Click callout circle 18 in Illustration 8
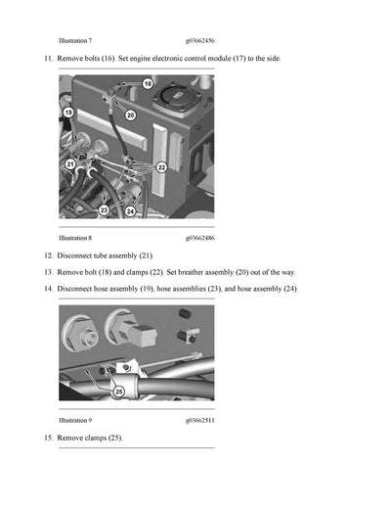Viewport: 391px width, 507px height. click(148, 84)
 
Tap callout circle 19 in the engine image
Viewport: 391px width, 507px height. click(68, 113)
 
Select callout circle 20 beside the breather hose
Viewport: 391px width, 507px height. click(131, 115)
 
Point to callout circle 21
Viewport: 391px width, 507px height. click(70, 164)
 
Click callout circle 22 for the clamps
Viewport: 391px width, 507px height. click(161, 167)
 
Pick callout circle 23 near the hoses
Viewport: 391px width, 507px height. click(104, 209)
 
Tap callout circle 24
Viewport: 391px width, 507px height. click(130, 209)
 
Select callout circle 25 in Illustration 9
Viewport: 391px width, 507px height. click(119, 391)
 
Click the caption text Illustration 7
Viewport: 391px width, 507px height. click(75, 41)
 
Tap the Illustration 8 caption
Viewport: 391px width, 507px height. click(75, 237)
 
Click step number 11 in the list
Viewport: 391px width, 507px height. click(48, 60)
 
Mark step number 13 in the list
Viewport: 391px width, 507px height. click(48, 272)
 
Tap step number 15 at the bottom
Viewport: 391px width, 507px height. click(48, 437)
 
